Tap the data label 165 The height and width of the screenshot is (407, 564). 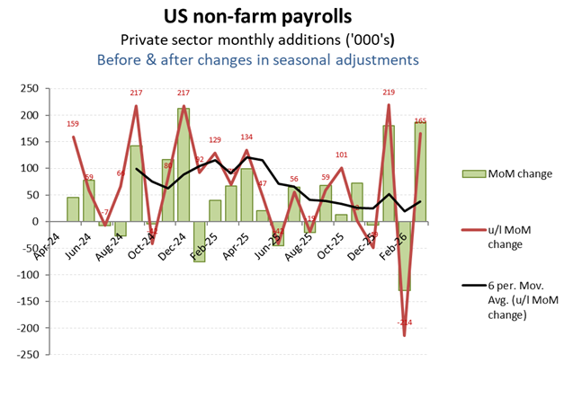click(x=421, y=121)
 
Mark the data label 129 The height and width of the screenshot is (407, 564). click(x=214, y=140)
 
